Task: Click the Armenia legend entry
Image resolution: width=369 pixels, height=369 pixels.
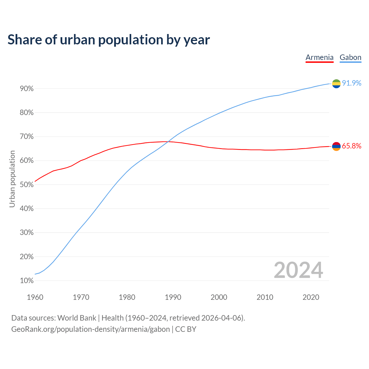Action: (319, 57)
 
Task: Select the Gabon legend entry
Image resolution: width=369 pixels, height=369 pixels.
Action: (350, 57)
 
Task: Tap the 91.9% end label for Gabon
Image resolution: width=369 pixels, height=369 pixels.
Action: (351, 83)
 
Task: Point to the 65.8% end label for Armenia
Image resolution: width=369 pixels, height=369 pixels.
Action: (351, 146)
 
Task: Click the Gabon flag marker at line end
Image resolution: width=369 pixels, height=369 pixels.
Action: (336, 84)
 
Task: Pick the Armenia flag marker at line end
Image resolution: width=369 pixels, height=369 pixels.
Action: (336, 146)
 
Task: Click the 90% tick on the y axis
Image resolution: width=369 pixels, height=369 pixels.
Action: (27, 89)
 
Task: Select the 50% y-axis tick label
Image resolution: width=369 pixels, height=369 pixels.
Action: (27, 185)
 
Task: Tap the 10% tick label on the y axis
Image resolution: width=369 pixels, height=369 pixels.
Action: (27, 281)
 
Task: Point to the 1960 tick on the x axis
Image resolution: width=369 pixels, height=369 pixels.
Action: (35, 297)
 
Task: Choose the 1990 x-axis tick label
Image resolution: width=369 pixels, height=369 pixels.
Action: (173, 297)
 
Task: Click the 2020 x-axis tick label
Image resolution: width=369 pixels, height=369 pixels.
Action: (311, 297)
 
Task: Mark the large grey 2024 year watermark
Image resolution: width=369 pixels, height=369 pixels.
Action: (298, 270)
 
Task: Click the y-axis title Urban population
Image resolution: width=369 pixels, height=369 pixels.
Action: (12, 179)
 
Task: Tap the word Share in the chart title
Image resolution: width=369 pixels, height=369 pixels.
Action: (24, 39)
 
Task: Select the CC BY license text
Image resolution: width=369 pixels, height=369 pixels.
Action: (186, 329)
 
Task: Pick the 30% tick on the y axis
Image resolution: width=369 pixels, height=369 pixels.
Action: (27, 233)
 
